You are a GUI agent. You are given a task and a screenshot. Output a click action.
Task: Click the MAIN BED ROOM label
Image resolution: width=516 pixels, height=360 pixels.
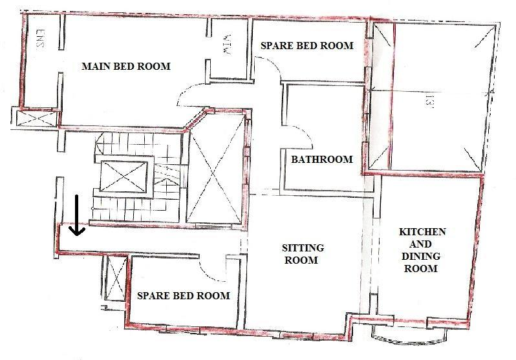[x=126, y=67]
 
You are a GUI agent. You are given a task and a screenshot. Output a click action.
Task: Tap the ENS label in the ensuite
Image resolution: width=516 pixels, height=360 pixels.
[x=40, y=39]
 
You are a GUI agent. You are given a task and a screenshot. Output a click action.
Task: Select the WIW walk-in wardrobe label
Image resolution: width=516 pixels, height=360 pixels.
[x=227, y=45]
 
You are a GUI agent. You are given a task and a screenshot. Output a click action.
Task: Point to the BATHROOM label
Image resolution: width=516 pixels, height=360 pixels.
[x=322, y=160]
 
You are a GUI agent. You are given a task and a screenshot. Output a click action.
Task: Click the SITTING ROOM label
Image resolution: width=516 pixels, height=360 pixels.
[x=303, y=254]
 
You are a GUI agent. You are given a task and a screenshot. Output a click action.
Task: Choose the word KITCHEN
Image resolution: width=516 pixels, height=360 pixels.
[x=422, y=231]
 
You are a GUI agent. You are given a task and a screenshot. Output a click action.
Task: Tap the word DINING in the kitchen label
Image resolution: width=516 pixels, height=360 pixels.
[x=421, y=256]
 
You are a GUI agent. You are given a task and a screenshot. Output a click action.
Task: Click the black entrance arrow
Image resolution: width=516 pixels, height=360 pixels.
[x=77, y=215]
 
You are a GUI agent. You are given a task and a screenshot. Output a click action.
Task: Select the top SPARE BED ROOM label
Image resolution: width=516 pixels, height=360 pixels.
[x=307, y=45]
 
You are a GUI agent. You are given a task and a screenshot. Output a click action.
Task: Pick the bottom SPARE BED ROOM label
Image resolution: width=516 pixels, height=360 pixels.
[x=183, y=295]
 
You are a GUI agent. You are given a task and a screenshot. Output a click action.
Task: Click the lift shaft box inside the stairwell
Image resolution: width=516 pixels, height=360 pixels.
[x=124, y=176]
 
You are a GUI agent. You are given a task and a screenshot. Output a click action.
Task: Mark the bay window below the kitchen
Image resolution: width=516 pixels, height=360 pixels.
[x=409, y=335]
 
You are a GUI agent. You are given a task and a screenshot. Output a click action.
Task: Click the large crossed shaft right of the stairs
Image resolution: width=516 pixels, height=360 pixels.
[x=215, y=170]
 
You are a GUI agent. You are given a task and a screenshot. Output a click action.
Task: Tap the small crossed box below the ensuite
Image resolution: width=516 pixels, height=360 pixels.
[x=36, y=118]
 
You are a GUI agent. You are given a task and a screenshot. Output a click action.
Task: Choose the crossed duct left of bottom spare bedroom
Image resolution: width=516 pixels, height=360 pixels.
[x=115, y=277]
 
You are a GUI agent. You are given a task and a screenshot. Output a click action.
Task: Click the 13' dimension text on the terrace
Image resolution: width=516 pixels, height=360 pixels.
[x=430, y=101]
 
